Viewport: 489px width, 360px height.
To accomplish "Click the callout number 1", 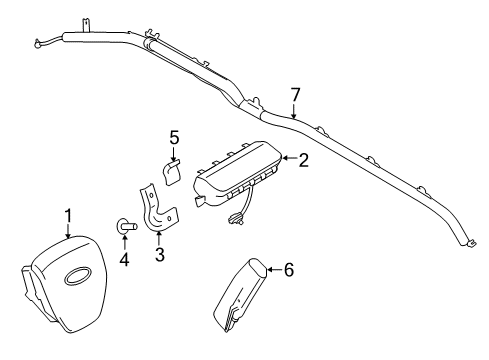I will click(x=68, y=214).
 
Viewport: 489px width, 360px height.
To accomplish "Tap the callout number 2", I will click(x=302, y=157).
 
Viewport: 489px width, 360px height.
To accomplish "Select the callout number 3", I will click(x=159, y=255).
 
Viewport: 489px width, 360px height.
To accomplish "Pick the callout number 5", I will click(x=173, y=136).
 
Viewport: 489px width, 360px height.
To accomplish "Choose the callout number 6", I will click(x=289, y=270).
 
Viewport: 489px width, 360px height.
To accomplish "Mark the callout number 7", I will click(x=294, y=95).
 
